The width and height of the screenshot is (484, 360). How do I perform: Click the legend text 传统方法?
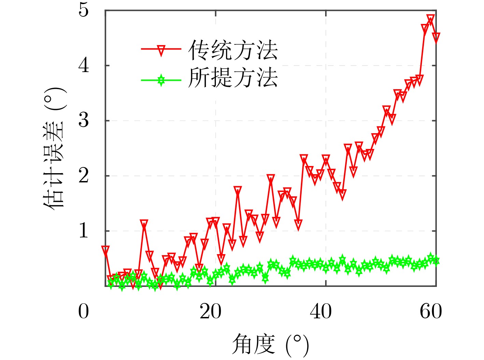click(233, 50)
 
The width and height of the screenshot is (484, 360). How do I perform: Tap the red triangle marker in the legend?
click(161, 50)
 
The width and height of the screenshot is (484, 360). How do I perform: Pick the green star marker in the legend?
click(161, 81)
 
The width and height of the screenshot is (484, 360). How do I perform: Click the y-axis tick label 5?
click(84, 10)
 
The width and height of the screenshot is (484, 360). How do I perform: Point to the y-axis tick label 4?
click(84, 65)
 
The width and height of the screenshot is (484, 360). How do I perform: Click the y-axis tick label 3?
click(84, 120)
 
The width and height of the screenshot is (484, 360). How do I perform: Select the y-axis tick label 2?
click(84, 176)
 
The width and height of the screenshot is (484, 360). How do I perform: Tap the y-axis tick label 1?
click(84, 231)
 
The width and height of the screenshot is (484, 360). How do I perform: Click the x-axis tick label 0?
click(84, 311)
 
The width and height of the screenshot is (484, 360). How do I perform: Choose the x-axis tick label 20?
click(210, 311)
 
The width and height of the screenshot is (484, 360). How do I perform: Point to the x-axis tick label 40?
click(321, 311)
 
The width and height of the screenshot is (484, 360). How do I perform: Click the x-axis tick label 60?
click(431, 311)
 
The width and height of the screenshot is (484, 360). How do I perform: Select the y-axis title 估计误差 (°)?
click(54, 148)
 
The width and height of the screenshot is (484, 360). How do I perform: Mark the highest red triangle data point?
click(431, 18)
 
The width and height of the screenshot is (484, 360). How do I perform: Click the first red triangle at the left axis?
click(105, 250)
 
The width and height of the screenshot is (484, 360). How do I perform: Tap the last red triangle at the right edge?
click(436, 37)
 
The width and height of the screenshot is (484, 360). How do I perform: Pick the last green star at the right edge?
click(436, 261)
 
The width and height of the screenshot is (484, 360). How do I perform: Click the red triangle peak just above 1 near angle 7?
click(144, 224)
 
